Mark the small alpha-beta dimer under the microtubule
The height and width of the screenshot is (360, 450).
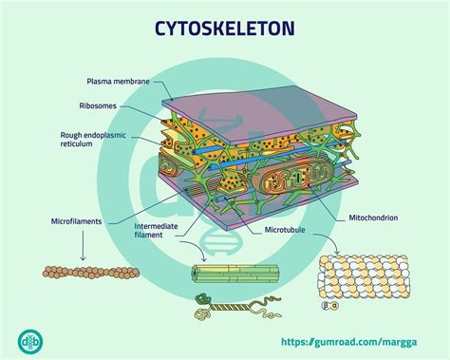tap(329, 307)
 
